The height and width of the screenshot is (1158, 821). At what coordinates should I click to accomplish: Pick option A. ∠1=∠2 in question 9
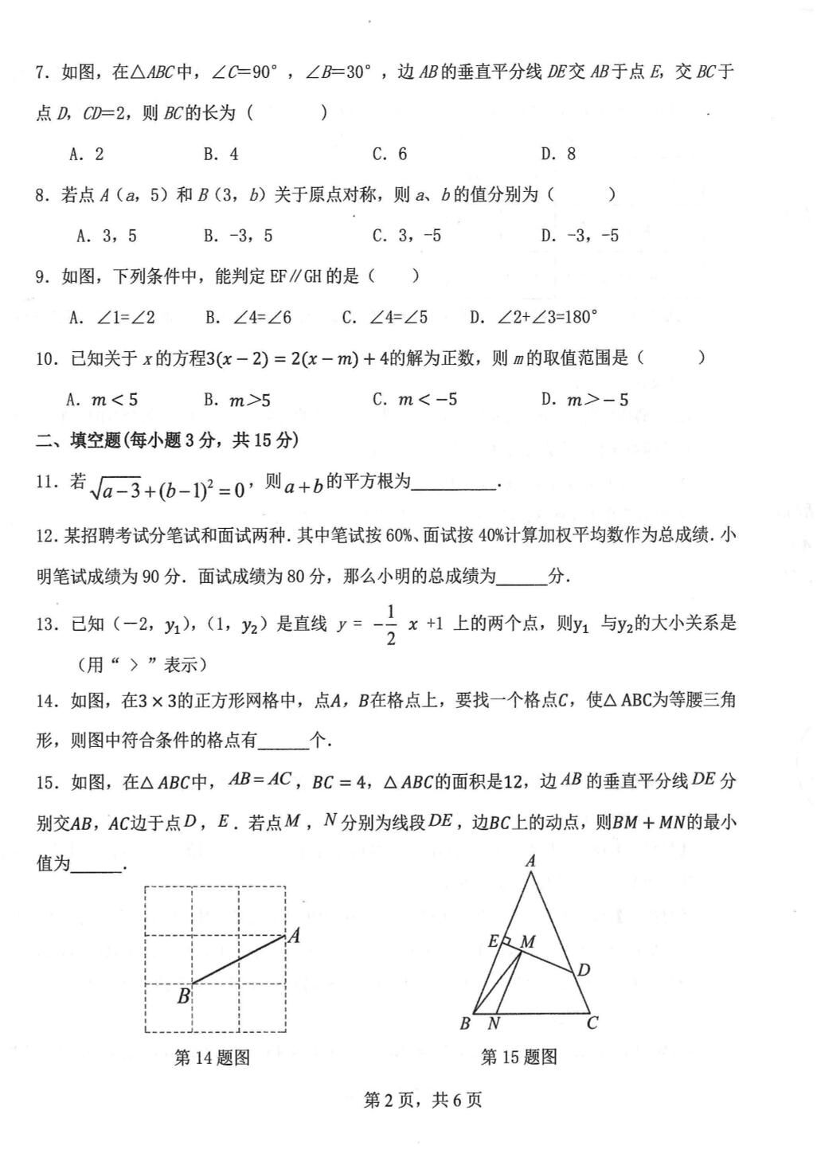pyautogui.click(x=112, y=318)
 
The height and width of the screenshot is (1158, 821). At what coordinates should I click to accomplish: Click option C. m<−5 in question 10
pyautogui.click(x=414, y=400)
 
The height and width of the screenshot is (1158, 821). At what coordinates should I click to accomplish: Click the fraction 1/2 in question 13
pyautogui.click(x=390, y=625)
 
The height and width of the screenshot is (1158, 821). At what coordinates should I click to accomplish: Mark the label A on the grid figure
pyautogui.click(x=294, y=936)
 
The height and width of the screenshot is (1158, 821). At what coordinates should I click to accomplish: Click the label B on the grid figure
pyautogui.click(x=183, y=996)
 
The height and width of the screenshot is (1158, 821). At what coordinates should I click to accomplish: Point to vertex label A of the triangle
pyautogui.click(x=530, y=860)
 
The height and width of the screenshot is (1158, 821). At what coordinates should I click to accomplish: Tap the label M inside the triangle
pyautogui.click(x=527, y=942)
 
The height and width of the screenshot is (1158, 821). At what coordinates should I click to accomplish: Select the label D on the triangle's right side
pyautogui.click(x=584, y=969)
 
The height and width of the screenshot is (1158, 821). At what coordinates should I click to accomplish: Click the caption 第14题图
pyautogui.click(x=212, y=1058)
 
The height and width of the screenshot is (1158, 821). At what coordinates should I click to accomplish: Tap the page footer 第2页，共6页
pyautogui.click(x=423, y=1101)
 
